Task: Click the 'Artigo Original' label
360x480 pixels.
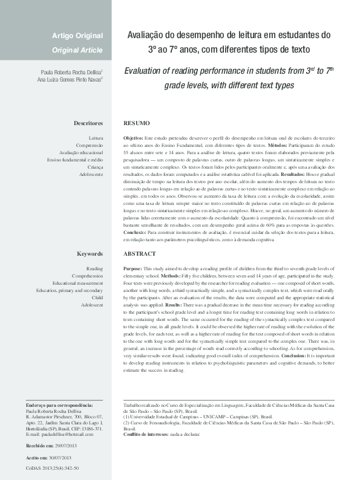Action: point(77,36)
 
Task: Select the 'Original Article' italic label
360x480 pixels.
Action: point(77,50)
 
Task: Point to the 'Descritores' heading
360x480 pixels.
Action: point(88,123)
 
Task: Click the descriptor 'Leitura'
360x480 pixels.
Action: point(96,138)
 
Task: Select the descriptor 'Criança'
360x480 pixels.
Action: point(94,167)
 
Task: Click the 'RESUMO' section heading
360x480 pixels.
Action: point(136,123)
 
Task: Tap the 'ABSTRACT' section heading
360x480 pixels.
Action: point(139,254)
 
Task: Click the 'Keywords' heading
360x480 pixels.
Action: point(90,254)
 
